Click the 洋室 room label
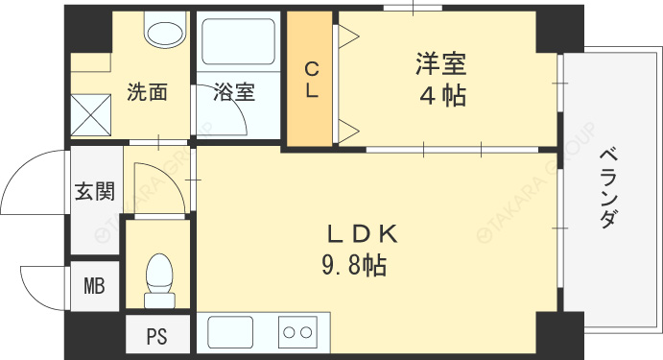click(440, 63)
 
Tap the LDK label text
click(363, 234)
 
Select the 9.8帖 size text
click(354, 267)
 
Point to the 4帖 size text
click(442, 96)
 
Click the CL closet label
click(312, 80)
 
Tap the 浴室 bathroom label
click(234, 92)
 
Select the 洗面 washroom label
click(147, 92)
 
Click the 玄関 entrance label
click(95, 191)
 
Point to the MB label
click(94, 286)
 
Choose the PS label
click(156, 337)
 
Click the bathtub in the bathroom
click(239, 41)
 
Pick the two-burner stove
click(297, 332)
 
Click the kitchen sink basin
click(230, 332)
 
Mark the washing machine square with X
click(91, 115)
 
